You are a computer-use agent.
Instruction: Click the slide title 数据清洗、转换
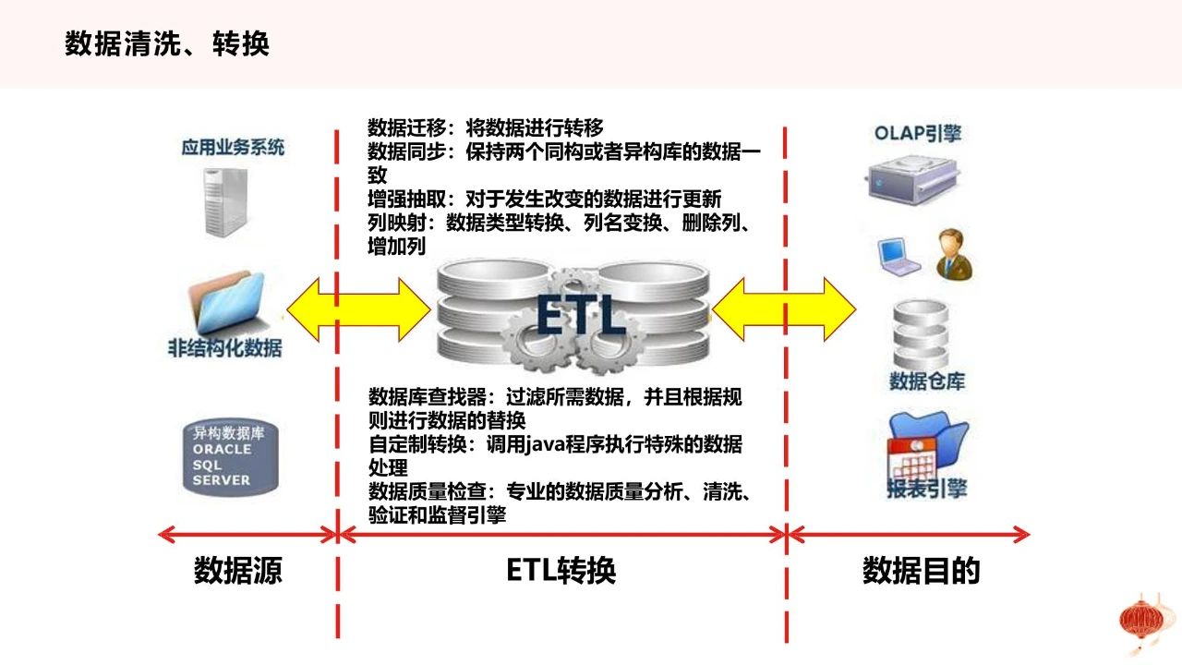(167, 43)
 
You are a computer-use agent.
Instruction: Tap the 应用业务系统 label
(233, 147)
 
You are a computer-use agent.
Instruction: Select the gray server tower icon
(225, 202)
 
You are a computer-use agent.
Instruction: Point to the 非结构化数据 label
(224, 348)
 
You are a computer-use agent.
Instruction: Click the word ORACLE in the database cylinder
(222, 449)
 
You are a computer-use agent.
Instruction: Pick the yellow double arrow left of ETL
(359, 309)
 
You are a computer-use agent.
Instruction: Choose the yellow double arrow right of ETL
(784, 309)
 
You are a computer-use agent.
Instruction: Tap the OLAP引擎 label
(918, 134)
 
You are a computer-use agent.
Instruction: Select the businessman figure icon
(955, 254)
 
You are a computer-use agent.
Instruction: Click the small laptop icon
(899, 257)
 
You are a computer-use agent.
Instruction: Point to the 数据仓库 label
(927, 381)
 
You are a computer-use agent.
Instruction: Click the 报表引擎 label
(926, 489)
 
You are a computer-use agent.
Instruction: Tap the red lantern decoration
(1141, 623)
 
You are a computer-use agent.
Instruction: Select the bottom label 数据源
(238, 571)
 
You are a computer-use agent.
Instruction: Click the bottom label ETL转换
(561, 571)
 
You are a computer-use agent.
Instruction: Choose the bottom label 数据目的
(922, 571)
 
